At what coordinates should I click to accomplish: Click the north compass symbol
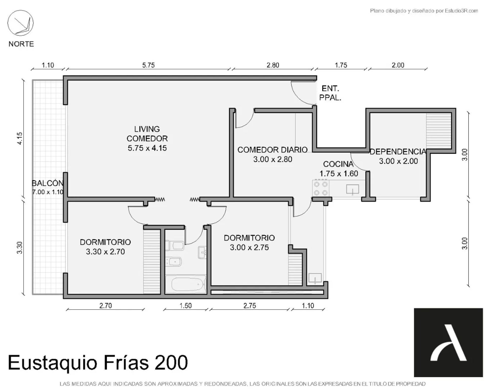(21, 23)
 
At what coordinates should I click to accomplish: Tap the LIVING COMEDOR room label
(147, 139)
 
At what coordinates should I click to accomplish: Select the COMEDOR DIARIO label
(272, 150)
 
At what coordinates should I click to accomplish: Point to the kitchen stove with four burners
(321, 188)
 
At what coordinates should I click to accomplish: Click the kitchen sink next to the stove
(353, 189)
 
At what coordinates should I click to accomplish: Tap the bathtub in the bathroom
(186, 284)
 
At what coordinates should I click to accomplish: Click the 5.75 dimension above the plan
(148, 65)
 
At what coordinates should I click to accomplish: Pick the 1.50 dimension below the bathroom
(186, 306)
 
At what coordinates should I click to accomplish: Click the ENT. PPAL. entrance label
(330, 93)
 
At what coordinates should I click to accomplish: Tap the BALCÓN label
(48, 183)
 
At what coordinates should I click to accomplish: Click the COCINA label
(338, 164)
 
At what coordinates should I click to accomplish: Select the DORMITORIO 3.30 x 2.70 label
(105, 247)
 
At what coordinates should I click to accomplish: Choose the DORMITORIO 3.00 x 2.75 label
(249, 243)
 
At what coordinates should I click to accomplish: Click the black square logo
(449, 342)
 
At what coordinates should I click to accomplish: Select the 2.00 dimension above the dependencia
(398, 65)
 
